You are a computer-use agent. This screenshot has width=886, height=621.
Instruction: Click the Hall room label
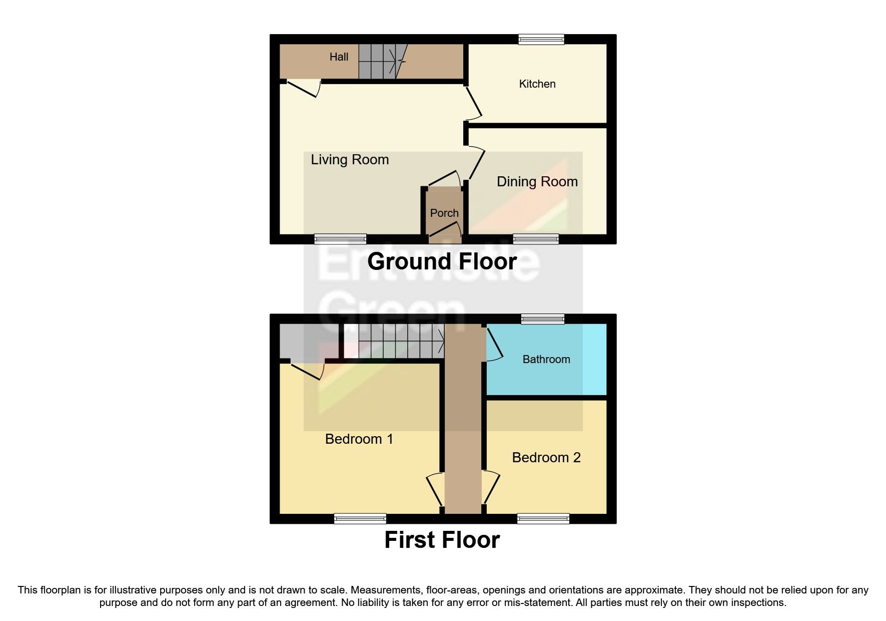coord(339,57)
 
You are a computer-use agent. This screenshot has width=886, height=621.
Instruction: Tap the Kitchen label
coord(537,84)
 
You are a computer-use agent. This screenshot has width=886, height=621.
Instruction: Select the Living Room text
coord(350,160)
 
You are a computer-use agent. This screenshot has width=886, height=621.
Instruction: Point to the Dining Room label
coord(537,182)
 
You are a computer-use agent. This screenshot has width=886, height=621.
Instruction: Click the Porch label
coord(444,213)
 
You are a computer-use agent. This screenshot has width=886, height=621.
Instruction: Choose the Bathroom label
coord(546,360)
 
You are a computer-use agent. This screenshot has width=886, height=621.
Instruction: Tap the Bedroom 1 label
coord(359,439)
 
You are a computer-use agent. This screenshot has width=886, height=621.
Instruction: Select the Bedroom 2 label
coord(546,458)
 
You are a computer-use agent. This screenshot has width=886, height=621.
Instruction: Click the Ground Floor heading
coord(442,261)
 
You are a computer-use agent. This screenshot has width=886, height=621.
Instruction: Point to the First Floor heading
coord(442,540)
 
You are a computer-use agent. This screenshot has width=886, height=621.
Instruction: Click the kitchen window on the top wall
coord(541,39)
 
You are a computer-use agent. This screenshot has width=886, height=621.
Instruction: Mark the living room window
coord(340,239)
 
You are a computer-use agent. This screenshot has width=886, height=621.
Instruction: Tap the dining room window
coord(536,239)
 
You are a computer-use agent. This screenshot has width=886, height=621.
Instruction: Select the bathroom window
coord(542,319)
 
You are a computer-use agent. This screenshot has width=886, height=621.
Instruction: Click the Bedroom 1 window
coord(360,519)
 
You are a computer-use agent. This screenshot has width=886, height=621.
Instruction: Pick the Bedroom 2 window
coord(543,519)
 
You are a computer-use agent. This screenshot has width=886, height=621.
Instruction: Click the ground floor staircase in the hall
coord(382,62)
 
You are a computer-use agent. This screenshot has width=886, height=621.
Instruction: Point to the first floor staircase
coord(395,341)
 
